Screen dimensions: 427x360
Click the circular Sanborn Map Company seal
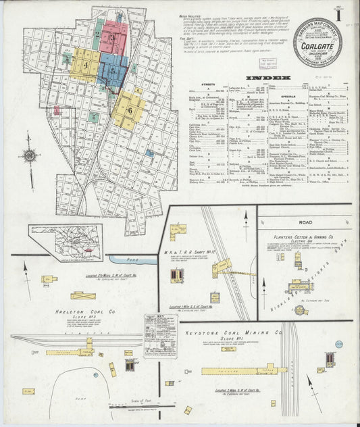point(317,42)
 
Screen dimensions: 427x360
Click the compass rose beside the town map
point(30,155)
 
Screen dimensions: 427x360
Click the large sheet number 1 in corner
point(346,13)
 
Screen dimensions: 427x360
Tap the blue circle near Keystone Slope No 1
point(338,345)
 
